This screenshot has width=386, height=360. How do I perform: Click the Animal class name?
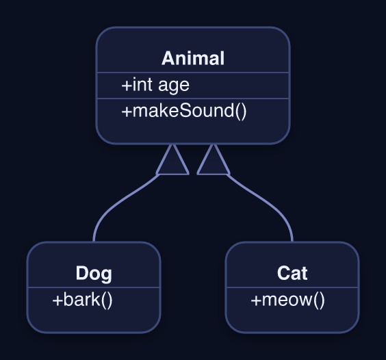coord(193,58)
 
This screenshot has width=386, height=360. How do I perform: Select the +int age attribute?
coord(155,85)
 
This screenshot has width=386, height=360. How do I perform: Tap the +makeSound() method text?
coord(184,111)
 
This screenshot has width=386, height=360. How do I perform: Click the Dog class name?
coord(94,274)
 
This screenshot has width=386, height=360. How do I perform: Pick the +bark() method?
coord(82,300)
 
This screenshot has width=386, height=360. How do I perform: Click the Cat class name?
coord(292,273)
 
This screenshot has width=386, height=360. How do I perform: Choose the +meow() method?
coord(287,300)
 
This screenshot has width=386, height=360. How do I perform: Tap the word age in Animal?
coord(174,86)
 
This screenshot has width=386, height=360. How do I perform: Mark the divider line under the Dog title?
coord(94,287)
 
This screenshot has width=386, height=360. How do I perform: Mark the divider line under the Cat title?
coord(292,287)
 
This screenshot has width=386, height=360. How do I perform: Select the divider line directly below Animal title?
coord(193,73)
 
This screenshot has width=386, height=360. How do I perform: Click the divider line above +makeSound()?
coord(193,99)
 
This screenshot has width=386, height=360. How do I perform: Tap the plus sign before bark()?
coord(57,300)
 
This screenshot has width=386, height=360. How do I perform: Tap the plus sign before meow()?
coord(256,300)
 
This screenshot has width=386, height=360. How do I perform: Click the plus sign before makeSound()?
coord(127,112)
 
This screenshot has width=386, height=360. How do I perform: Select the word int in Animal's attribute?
coord(142,84)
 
